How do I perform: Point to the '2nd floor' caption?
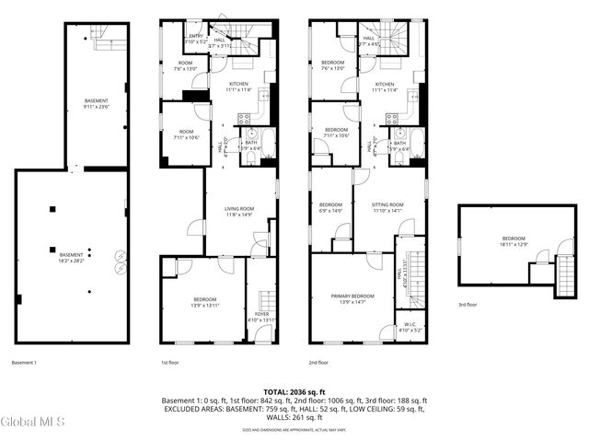pos(320,363)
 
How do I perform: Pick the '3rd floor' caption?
pos(468,305)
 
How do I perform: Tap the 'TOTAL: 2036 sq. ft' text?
pos(294,392)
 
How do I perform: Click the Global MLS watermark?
pos(33,423)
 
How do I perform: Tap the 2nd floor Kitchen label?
pos(385,87)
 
